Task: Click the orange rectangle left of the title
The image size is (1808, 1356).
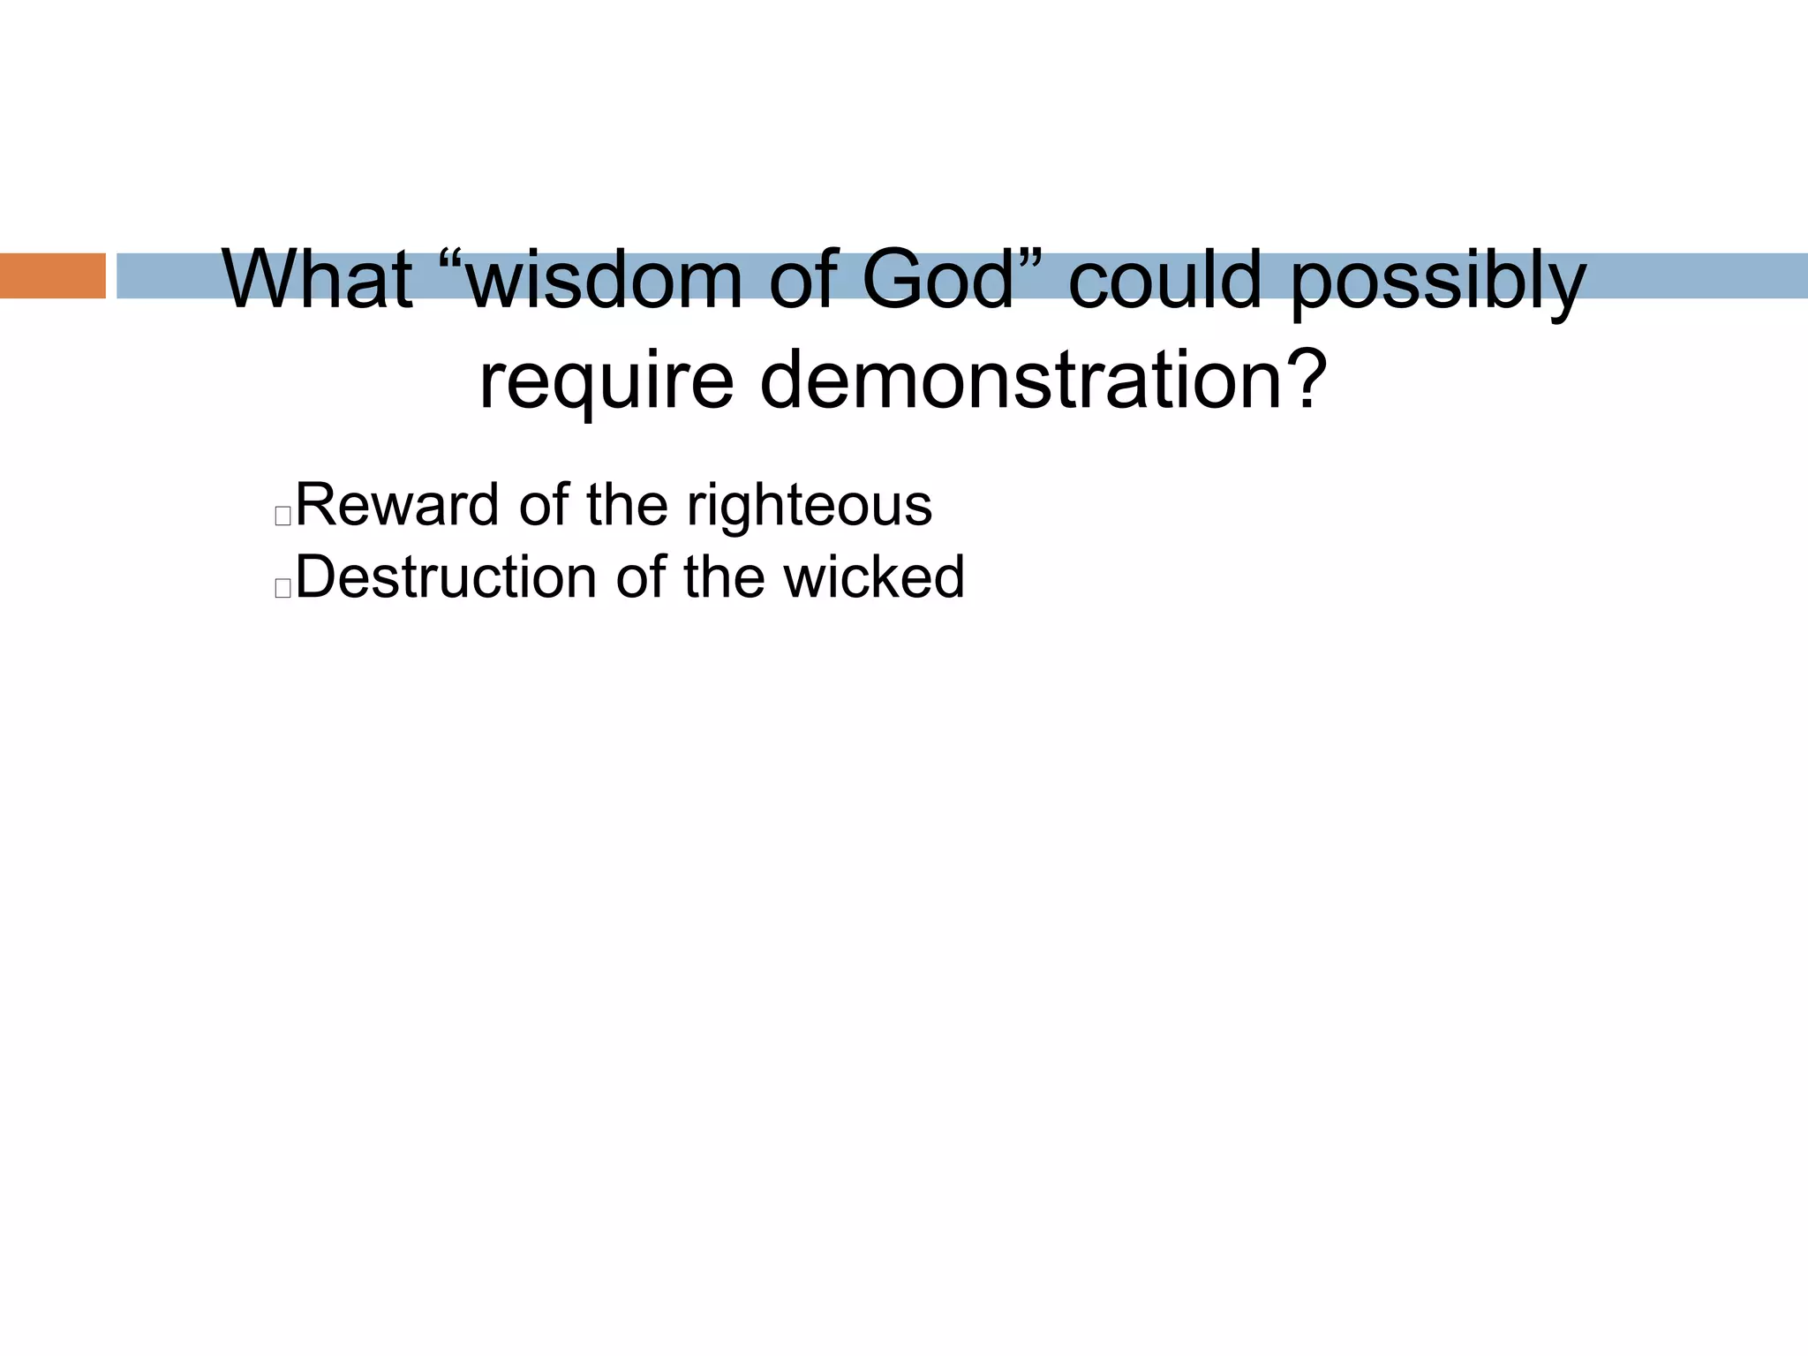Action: (x=52, y=275)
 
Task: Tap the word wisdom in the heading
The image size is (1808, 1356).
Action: (x=605, y=281)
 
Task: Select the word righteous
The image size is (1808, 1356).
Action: (x=809, y=507)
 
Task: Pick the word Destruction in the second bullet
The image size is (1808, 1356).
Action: (x=447, y=577)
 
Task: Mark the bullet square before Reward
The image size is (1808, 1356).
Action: (x=282, y=516)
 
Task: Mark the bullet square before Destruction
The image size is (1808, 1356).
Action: (x=282, y=589)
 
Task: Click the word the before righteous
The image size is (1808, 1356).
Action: (x=631, y=505)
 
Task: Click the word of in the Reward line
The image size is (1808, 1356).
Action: (x=544, y=505)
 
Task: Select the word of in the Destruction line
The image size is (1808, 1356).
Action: (x=642, y=577)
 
